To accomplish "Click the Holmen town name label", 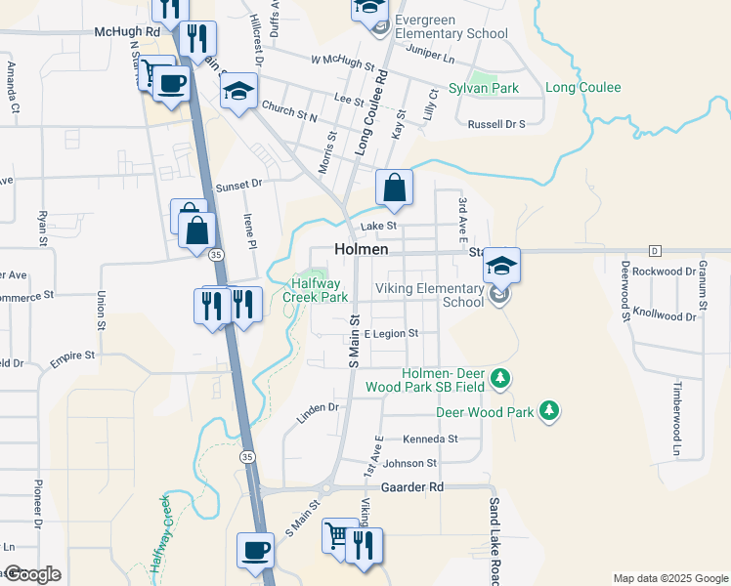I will point(362,249).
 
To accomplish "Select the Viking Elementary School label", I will point(430,295).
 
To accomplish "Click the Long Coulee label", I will point(582,88).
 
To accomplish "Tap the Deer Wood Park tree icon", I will point(550,411).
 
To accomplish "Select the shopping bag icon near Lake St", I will point(394,187).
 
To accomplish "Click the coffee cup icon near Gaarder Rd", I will point(255,549).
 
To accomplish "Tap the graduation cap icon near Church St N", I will point(238,93).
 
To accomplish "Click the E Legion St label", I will point(391,333).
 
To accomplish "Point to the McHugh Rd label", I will point(126,31).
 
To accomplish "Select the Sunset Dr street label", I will point(240,183).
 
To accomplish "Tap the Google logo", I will point(31,574).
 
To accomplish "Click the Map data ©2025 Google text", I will point(669,578).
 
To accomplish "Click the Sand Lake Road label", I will point(494,536).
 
